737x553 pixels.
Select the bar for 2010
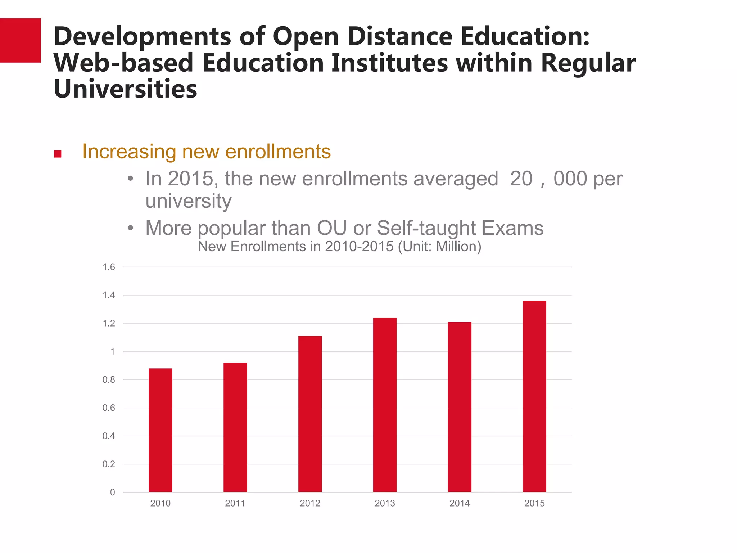(x=160, y=430)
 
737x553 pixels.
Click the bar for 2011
(x=235, y=427)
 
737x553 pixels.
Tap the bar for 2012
(x=310, y=414)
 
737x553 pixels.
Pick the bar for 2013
(x=385, y=405)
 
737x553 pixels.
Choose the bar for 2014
(x=460, y=407)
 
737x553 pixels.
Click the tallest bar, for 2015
(x=534, y=396)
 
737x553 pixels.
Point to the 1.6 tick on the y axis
(x=109, y=267)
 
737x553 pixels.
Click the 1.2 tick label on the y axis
(x=109, y=323)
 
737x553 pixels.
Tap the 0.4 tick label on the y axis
(x=109, y=436)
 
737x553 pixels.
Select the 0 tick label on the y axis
(x=113, y=493)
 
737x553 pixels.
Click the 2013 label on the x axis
(x=385, y=503)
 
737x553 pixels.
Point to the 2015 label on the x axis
(x=534, y=503)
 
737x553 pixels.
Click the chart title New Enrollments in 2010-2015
(x=339, y=247)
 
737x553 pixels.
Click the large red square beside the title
(x=20, y=40)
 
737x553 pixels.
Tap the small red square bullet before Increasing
(x=58, y=154)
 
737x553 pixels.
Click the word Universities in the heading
(x=125, y=89)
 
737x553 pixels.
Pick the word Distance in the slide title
(x=399, y=36)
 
